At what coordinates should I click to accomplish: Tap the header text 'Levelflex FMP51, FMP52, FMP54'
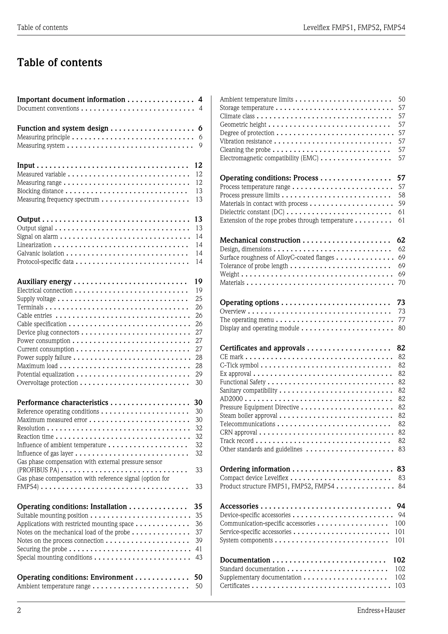354,28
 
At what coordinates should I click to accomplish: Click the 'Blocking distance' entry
40,191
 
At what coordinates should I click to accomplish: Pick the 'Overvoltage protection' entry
47,383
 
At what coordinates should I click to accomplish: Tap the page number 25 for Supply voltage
199,299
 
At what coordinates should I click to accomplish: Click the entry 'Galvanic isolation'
40,253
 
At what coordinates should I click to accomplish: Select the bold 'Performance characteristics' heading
63,403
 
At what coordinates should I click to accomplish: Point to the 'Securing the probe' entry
42,549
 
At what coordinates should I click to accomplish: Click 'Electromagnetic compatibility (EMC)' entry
269,158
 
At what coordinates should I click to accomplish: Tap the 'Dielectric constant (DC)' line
252,212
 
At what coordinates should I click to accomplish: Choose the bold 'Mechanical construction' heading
260,240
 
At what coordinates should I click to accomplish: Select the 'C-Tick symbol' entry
239,365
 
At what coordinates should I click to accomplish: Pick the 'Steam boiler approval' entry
248,416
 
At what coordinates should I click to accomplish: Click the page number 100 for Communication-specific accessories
400,523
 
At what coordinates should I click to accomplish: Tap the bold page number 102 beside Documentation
399,560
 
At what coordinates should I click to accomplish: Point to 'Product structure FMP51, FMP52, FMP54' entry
277,486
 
